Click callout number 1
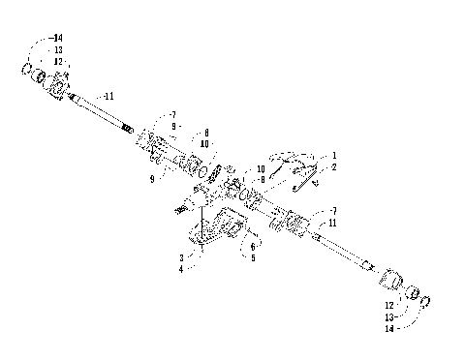coord(334,156)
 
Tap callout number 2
coord(334,167)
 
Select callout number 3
coord(181,258)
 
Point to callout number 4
coord(181,269)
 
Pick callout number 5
coord(253,258)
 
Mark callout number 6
coord(253,247)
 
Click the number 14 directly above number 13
coord(58,38)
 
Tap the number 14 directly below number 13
coord(389,329)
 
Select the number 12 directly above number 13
coord(58,61)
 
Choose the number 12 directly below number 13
coord(389,305)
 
